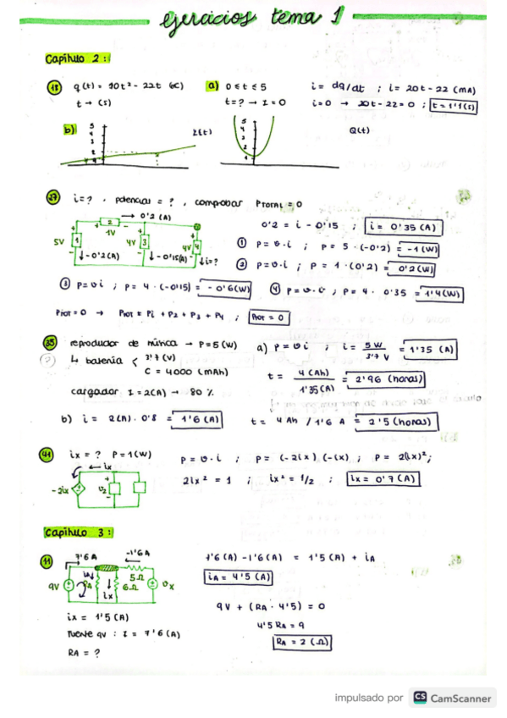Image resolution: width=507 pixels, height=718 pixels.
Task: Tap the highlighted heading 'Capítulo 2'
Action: coord(77,58)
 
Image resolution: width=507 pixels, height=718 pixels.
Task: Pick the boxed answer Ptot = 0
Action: coord(270,318)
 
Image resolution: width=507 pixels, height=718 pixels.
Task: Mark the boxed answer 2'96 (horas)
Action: coord(385,380)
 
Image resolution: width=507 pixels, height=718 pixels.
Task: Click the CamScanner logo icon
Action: coord(419,698)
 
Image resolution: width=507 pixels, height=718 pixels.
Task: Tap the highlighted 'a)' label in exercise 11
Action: coord(212,86)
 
